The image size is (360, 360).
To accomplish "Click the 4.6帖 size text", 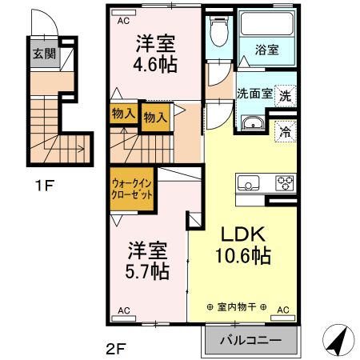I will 154,65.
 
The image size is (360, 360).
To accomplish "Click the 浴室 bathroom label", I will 266,50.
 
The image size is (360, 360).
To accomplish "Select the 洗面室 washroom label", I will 254,94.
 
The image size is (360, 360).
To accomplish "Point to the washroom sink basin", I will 252,124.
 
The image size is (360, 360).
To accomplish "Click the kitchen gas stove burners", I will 285,182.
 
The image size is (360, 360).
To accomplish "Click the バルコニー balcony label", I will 250,339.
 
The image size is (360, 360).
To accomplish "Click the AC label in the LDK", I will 283,309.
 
